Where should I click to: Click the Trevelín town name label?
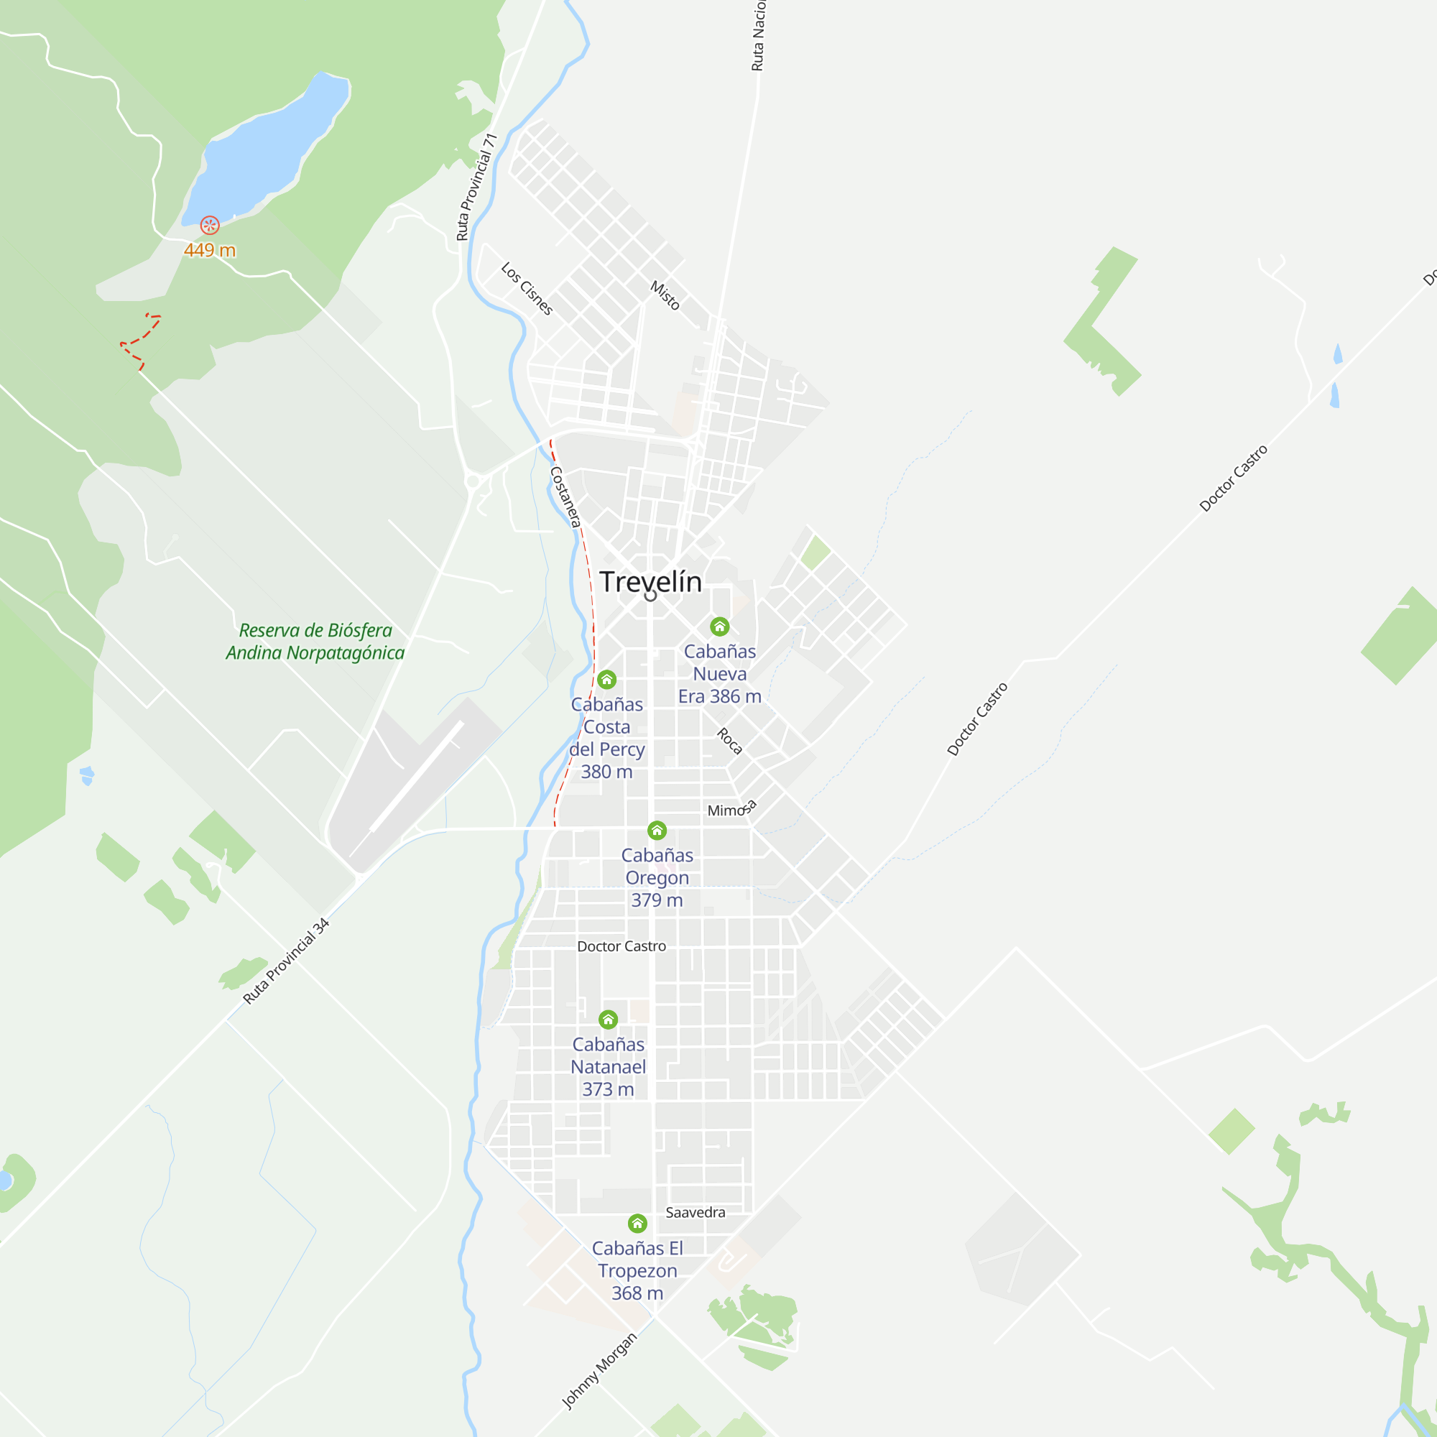coord(650,582)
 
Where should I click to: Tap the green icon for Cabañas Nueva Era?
coord(719,627)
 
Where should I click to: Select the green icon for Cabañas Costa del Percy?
coord(607,679)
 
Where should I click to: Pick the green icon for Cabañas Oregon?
coord(657,830)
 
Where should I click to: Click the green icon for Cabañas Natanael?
coord(609,1019)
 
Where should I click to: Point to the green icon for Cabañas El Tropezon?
coord(637,1224)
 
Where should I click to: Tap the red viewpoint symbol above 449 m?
coord(210,225)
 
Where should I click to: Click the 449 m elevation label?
coord(210,251)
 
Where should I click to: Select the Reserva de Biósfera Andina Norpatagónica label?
coord(315,641)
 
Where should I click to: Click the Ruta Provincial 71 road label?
coord(476,187)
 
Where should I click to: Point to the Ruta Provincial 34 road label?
coord(287,961)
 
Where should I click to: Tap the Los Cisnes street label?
coord(527,289)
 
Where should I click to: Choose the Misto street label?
coord(665,295)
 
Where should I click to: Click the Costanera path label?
coord(565,497)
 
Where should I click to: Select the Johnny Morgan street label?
coord(599,1371)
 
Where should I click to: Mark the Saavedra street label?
coord(695,1212)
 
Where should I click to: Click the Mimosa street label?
coord(732,809)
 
